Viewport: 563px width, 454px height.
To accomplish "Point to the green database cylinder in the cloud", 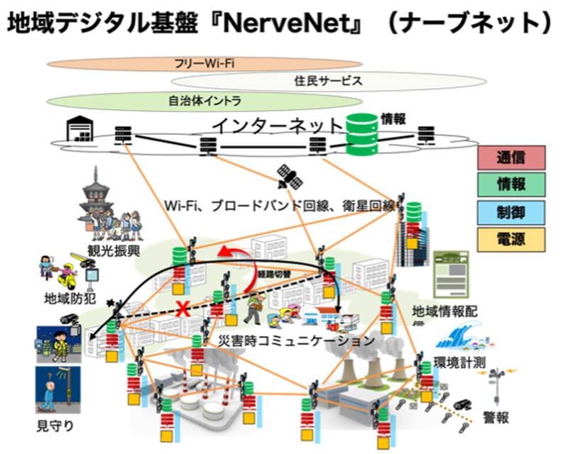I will point(361,135).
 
